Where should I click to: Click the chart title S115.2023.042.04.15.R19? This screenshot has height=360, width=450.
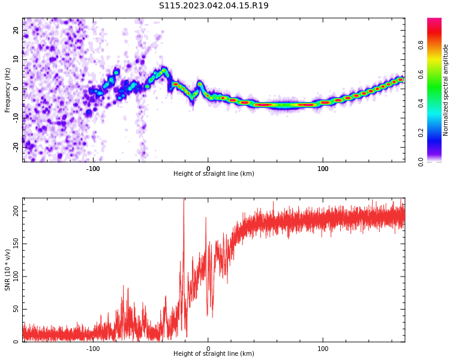(214, 6)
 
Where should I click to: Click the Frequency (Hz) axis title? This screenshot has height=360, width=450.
(8, 90)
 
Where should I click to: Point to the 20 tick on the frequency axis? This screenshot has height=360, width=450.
(16, 30)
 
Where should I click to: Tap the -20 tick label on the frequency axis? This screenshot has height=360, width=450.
(16, 146)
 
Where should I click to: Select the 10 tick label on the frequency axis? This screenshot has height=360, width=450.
(16, 59)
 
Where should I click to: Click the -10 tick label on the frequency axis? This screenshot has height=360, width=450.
(16, 117)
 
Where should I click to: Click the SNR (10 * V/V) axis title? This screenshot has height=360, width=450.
(8, 269)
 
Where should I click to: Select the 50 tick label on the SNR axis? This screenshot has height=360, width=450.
(16, 309)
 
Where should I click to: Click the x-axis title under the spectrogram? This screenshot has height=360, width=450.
(214, 174)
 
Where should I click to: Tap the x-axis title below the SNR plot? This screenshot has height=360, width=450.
(214, 354)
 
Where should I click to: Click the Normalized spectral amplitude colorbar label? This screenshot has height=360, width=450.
(446, 90)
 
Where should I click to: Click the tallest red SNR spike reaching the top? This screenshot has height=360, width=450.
(184, 202)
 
